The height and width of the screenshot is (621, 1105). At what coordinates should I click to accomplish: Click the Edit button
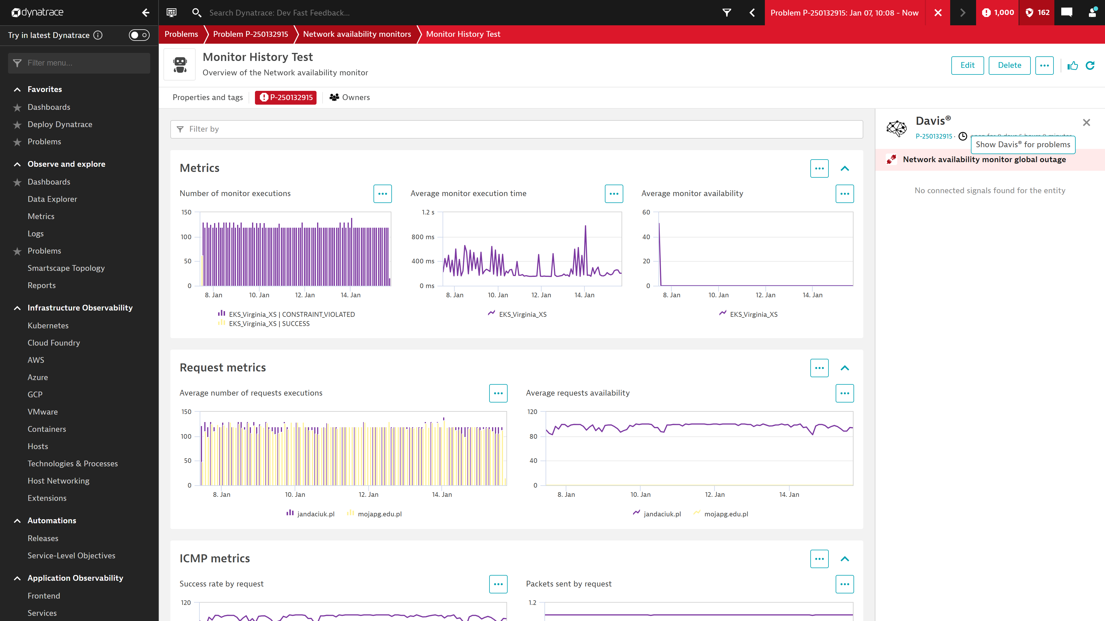click(967, 65)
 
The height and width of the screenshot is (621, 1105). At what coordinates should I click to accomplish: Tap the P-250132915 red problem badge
click(286, 97)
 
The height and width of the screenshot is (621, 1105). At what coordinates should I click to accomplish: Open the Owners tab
click(350, 97)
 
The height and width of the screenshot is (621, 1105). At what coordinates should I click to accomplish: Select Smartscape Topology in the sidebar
click(66, 268)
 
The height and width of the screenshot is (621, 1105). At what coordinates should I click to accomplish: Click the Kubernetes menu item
click(48, 325)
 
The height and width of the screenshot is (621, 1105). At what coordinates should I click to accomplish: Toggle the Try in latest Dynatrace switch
click(139, 35)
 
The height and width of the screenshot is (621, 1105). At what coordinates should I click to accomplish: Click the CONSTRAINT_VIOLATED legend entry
click(292, 314)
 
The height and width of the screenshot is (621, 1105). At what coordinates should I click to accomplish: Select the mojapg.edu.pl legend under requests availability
click(726, 514)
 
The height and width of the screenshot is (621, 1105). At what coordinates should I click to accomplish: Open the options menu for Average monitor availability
click(844, 194)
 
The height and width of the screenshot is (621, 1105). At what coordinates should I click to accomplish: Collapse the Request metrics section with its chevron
click(844, 368)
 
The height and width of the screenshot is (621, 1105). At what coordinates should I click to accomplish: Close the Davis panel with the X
click(1086, 122)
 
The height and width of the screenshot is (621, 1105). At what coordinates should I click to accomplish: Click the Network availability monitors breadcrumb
click(357, 34)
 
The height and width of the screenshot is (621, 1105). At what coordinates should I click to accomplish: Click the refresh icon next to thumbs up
click(1090, 65)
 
